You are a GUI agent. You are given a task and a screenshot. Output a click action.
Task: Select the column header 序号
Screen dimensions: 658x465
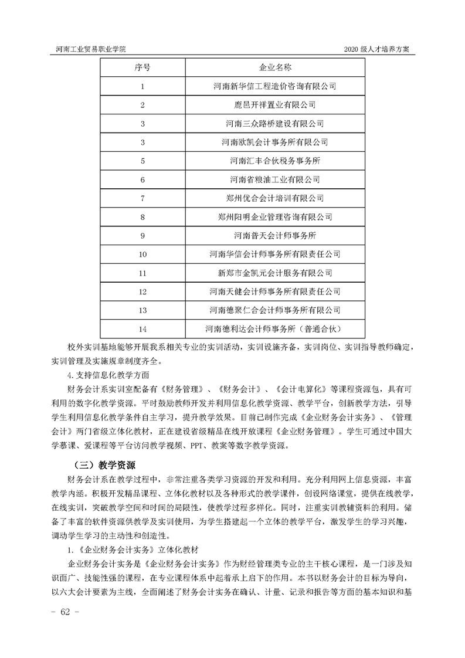click(x=142, y=67)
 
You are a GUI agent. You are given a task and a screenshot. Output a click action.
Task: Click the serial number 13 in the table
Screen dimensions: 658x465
click(x=142, y=309)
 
